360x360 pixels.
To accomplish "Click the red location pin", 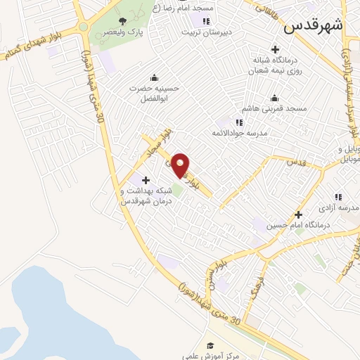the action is pos(181,165).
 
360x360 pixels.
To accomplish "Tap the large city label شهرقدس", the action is pos(314,27).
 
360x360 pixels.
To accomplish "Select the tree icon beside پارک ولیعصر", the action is pos(123,20).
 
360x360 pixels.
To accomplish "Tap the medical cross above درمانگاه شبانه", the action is pos(274,49).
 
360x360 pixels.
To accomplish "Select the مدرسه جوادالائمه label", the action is pos(238,132).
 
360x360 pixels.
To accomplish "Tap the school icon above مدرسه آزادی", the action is pos(338,198).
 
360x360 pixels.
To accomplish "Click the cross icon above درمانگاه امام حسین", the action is pos(298,214).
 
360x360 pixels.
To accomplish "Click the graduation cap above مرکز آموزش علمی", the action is pos(210,345).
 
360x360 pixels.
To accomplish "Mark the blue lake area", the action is pos(56,309).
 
